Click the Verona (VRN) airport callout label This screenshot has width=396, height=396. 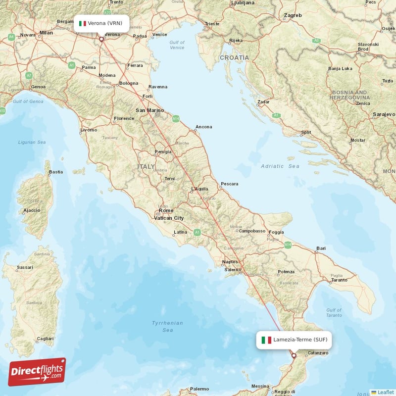click(103, 23)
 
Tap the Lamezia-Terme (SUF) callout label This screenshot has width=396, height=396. click(294, 340)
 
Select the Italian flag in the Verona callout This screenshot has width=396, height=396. click(83, 23)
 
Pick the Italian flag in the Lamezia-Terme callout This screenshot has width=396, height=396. click(266, 340)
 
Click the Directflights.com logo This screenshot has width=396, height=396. click(37, 372)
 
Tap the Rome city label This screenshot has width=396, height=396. click(166, 211)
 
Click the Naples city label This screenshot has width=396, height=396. click(230, 262)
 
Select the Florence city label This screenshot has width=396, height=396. click(124, 119)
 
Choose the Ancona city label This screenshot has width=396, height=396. click(203, 127)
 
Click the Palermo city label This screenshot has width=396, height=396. click(199, 389)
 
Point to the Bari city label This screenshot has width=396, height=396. click(321, 248)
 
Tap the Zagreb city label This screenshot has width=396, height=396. click(293, 16)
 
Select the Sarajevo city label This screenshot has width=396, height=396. click(384, 114)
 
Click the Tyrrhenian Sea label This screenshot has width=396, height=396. click(167, 326)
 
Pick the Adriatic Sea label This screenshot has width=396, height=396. click(280, 166)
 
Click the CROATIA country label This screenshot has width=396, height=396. click(234, 57)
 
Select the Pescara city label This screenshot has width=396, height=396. click(229, 184)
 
